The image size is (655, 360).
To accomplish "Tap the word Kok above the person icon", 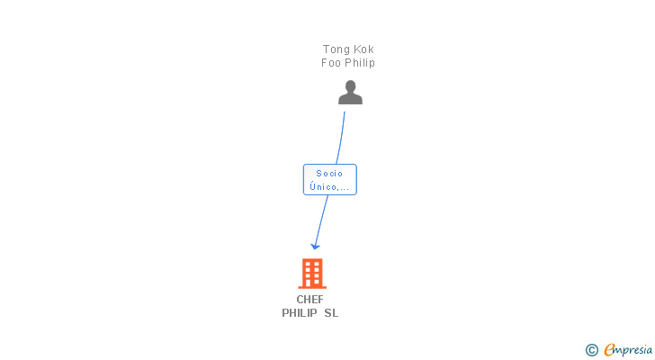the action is coord(363,49).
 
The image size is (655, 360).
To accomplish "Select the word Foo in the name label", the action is coord(332,63).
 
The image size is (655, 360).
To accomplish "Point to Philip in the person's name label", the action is coord(360,63).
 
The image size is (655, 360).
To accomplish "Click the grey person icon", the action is coord(350,93).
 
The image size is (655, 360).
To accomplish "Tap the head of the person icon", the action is coord(350,87).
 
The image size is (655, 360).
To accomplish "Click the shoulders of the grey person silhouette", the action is coord(350,99).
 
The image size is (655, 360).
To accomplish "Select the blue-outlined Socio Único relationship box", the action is coord(329,180).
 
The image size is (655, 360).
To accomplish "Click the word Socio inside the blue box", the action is coord(329,174).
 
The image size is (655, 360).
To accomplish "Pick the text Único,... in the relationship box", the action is coord(329,187).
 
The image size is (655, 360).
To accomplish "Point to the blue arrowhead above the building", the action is coord(315,245).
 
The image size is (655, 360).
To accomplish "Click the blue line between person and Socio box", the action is coord(342,135).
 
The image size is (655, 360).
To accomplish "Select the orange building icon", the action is coord(311,273).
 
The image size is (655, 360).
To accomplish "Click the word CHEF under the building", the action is coord(310,300).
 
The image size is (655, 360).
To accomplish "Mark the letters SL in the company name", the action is coord(331,313).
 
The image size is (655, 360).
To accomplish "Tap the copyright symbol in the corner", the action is coord(592,350).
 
